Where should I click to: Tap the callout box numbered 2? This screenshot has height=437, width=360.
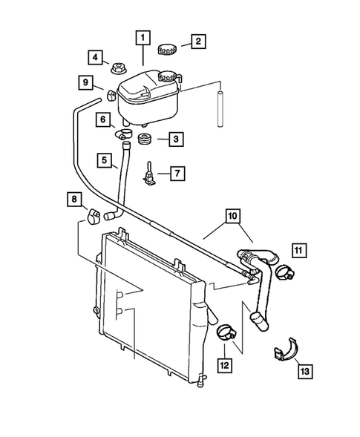197,41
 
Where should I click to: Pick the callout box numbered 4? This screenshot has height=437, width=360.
95,57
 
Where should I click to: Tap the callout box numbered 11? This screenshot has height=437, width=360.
298,249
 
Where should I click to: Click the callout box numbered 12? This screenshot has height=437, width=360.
223,364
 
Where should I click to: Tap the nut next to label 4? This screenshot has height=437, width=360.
117,69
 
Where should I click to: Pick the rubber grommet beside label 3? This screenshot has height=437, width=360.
145,139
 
